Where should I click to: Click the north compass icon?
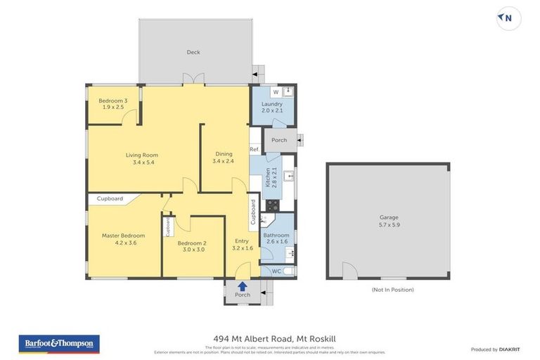(508, 19)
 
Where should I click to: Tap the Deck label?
(193, 52)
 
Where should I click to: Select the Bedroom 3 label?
(112, 101)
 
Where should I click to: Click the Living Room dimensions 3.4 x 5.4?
(141, 162)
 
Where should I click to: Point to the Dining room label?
(223, 153)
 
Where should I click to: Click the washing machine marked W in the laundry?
(276, 92)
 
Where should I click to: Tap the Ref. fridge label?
(255, 149)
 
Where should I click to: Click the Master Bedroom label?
(123, 236)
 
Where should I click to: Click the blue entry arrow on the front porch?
(242, 285)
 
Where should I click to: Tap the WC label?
(276, 271)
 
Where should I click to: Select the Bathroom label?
(276, 236)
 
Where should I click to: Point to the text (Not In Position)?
(392, 290)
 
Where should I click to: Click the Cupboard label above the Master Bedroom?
(110, 199)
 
